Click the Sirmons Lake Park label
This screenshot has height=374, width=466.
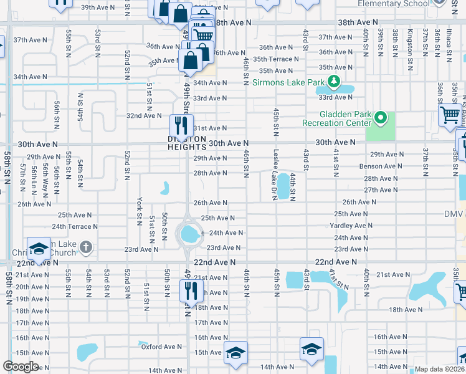[x=288, y=82]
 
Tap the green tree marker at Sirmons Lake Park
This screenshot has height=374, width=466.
[x=334, y=81]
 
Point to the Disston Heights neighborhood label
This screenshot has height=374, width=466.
[x=187, y=143]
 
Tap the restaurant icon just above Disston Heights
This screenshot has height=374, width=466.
[x=182, y=125]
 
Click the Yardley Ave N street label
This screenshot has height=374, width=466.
[x=351, y=226]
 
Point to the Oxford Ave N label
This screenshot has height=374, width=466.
[x=161, y=347]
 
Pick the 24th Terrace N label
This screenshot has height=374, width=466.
[x=75, y=227]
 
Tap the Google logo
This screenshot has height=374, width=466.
[x=21, y=367]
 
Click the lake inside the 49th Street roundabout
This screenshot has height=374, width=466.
[x=188, y=235]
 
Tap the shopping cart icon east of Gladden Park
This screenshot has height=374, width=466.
[x=450, y=115]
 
